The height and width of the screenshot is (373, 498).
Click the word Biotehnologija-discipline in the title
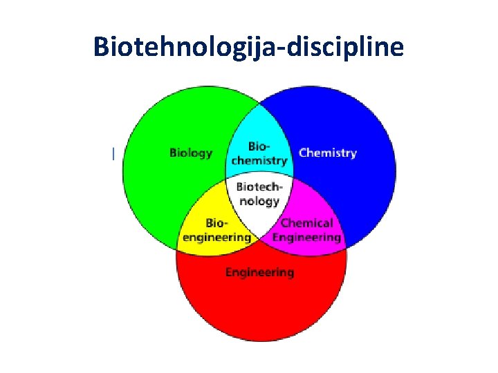click(248, 46)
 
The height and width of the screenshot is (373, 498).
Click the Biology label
click(191, 153)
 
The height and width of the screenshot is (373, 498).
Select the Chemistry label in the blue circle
click(327, 153)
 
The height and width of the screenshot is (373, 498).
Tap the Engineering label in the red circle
click(259, 272)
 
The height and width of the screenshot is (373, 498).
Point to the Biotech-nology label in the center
click(259, 194)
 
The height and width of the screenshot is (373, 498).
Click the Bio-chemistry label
click(259, 153)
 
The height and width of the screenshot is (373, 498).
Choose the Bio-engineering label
click(216, 230)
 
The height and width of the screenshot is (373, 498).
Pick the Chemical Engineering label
click(306, 230)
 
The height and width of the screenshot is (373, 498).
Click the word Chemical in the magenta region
click(306, 223)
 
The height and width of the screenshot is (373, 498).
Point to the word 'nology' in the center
click(259, 201)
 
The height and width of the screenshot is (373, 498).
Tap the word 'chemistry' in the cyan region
click(259, 160)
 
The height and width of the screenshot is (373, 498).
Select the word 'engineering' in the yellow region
click(216, 237)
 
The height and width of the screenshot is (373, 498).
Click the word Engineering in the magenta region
click(306, 237)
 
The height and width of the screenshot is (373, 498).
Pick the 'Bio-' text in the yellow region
click(216, 223)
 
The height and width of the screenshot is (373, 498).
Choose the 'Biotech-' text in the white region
click(259, 187)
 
